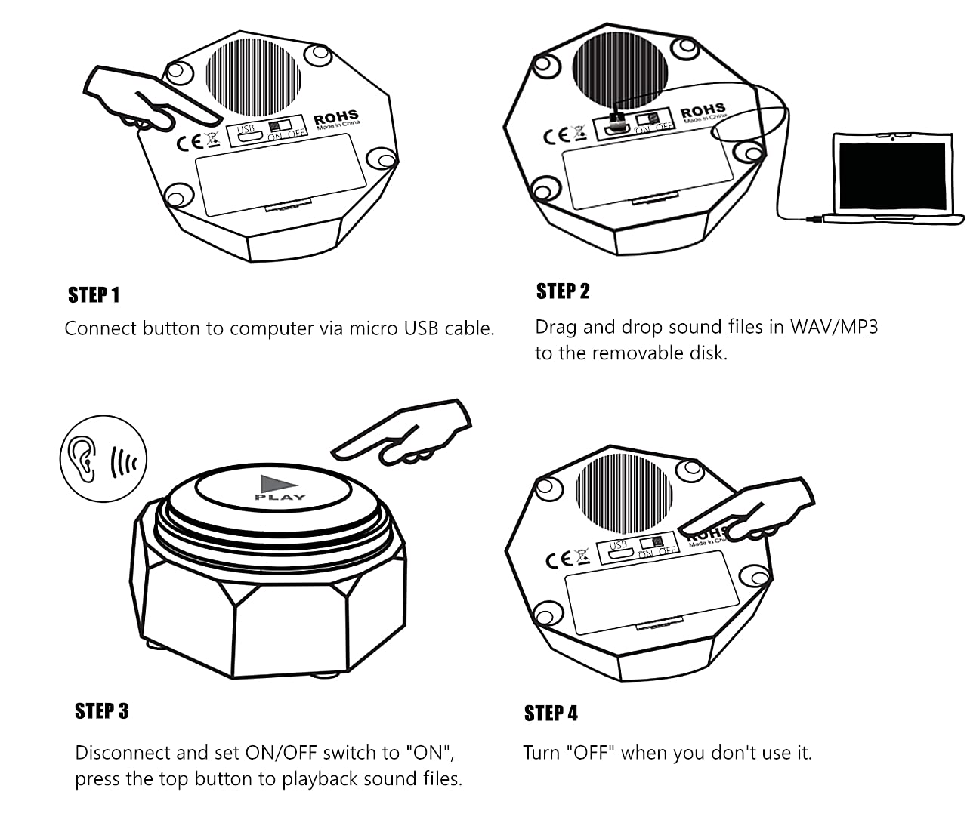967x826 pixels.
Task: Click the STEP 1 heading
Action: click(x=94, y=295)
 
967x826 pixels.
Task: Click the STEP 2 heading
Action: click(x=563, y=291)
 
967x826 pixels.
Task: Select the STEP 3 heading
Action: click(x=102, y=711)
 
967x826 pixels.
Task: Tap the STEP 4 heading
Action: click(x=551, y=714)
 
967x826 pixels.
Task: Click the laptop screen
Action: click(x=893, y=177)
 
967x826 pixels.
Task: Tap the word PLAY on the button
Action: click(x=280, y=498)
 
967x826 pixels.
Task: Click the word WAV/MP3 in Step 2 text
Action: click(x=834, y=327)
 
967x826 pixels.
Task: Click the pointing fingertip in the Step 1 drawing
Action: click(x=214, y=120)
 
